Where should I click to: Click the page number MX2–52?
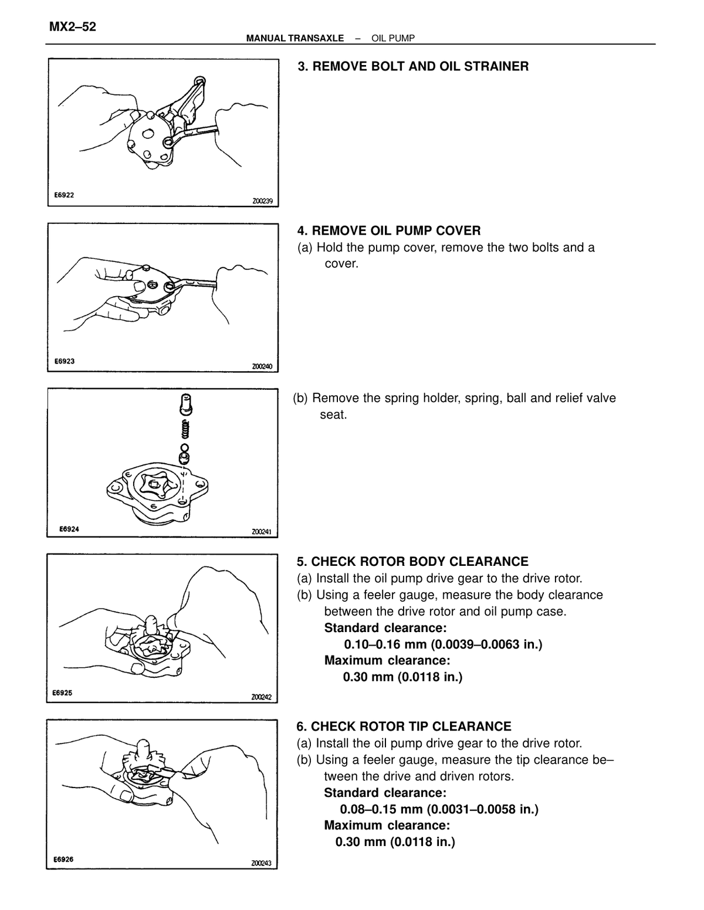coord(72,27)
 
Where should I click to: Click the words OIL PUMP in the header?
coord(393,39)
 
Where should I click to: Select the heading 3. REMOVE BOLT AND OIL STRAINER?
coord(413,66)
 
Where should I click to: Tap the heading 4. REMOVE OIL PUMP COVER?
coord(389,230)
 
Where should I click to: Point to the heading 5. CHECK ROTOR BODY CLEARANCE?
coord(412,561)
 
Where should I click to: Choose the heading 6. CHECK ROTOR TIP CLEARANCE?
coord(404,726)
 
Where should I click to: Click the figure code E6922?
coord(64,195)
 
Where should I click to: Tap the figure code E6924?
coord(69,529)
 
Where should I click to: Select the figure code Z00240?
coord(262,366)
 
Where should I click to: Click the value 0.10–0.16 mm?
coord(385,644)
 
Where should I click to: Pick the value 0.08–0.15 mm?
coord(381,809)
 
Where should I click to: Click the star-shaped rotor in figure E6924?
coord(156,487)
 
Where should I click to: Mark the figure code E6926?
coord(63,859)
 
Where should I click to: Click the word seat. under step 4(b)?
coord(333,415)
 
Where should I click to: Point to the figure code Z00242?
coord(261,697)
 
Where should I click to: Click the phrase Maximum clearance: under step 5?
coord(387,660)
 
